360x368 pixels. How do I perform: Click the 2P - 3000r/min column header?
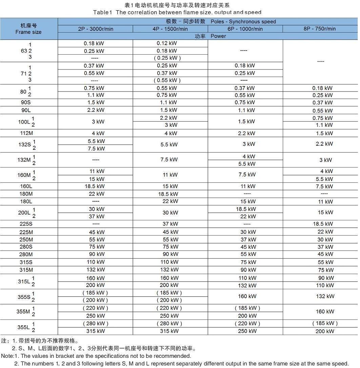click(x=95, y=29)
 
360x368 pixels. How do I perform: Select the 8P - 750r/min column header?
click(x=320, y=29)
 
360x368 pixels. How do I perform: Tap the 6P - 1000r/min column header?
click(x=245, y=29)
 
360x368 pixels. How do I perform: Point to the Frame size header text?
click(x=28, y=32)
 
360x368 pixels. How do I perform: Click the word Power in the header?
click(x=218, y=36)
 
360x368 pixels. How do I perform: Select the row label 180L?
click(x=26, y=201)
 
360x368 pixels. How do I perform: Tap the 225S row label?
click(x=26, y=224)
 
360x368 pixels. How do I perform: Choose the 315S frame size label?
click(x=26, y=262)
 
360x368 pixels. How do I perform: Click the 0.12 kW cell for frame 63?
click(x=166, y=43)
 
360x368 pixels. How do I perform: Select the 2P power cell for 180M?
click(x=96, y=194)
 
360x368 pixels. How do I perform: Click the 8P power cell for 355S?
click(x=325, y=296)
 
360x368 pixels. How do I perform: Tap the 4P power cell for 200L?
click(x=170, y=213)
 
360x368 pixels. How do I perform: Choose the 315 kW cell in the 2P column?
click(x=96, y=331)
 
